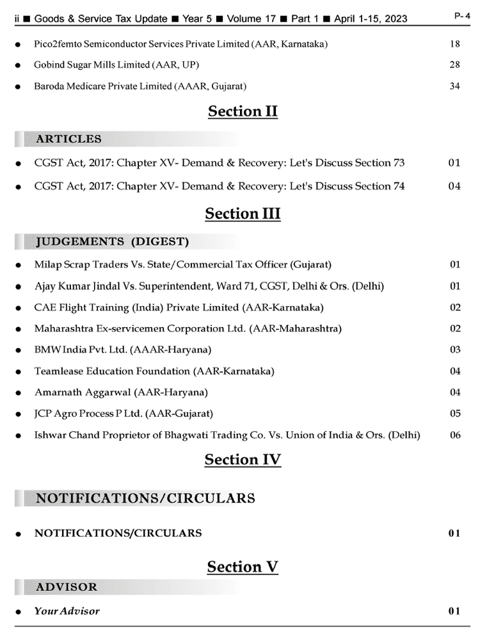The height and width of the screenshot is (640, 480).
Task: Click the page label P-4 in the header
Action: pyautogui.click(x=462, y=16)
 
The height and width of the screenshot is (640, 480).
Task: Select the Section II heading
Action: pyautogui.click(x=243, y=111)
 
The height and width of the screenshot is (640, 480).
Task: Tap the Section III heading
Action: pyautogui.click(x=243, y=214)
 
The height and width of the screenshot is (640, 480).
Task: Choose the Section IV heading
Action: pyautogui.click(x=243, y=460)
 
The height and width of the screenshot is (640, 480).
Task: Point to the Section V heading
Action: pyautogui.click(x=243, y=567)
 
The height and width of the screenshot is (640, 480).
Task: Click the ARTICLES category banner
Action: pyautogui.click(x=68, y=139)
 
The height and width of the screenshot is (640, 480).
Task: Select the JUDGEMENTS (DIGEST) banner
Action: pyautogui.click(x=112, y=241)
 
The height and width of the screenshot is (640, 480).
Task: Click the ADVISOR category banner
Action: pyautogui.click(x=67, y=587)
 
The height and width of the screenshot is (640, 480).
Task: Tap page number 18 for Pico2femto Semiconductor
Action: pyautogui.click(x=454, y=45)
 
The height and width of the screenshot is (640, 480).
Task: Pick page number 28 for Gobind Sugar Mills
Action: pyautogui.click(x=454, y=65)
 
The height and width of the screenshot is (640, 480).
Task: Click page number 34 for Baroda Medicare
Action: pyautogui.click(x=454, y=86)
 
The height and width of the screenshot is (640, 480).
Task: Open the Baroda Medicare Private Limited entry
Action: pyautogui.click(x=140, y=86)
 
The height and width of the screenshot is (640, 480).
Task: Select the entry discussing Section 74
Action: pyautogui.click(x=220, y=186)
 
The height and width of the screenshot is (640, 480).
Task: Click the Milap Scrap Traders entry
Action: pyautogui.click(x=182, y=264)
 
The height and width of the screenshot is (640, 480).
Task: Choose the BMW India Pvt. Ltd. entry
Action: pyautogui.click(x=122, y=349)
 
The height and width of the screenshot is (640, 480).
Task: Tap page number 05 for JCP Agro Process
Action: pyautogui.click(x=454, y=413)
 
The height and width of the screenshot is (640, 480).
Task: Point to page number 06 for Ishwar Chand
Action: pyautogui.click(x=454, y=435)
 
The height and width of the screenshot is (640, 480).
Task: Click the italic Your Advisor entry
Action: pyautogui.click(x=67, y=611)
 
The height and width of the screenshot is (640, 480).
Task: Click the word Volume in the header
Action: pyautogui.click(x=244, y=19)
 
